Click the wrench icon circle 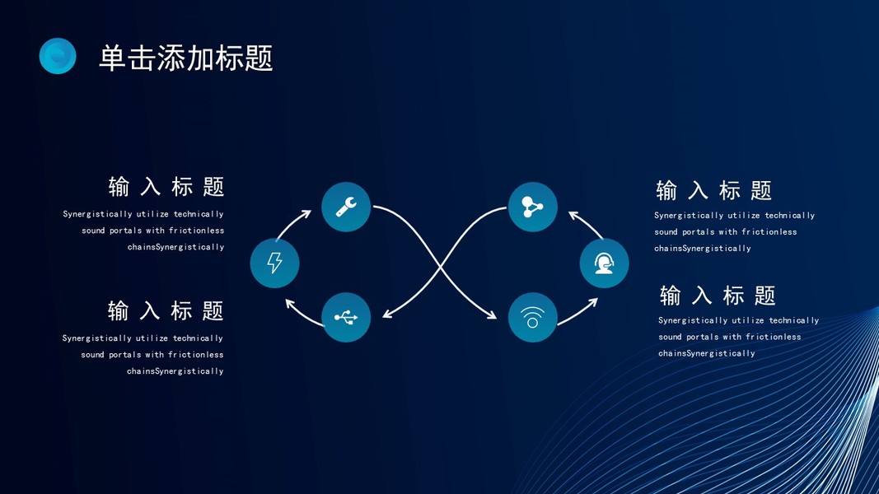click(x=346, y=207)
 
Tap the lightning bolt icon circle click(x=274, y=263)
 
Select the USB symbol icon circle click(x=346, y=318)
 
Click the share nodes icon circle click(x=533, y=207)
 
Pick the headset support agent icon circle click(x=605, y=263)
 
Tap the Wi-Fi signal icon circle click(x=533, y=318)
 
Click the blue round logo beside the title click(x=58, y=56)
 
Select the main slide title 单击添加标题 click(x=186, y=58)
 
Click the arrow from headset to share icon click(x=587, y=224)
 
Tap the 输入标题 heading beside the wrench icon click(x=166, y=187)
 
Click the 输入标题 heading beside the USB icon click(x=166, y=310)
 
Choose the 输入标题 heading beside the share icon click(x=714, y=191)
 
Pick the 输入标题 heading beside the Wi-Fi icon click(x=718, y=296)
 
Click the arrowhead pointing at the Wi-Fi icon click(x=493, y=315)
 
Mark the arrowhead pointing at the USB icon click(x=386, y=314)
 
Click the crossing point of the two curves click(x=440, y=264)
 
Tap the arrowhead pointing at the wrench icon click(x=306, y=214)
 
